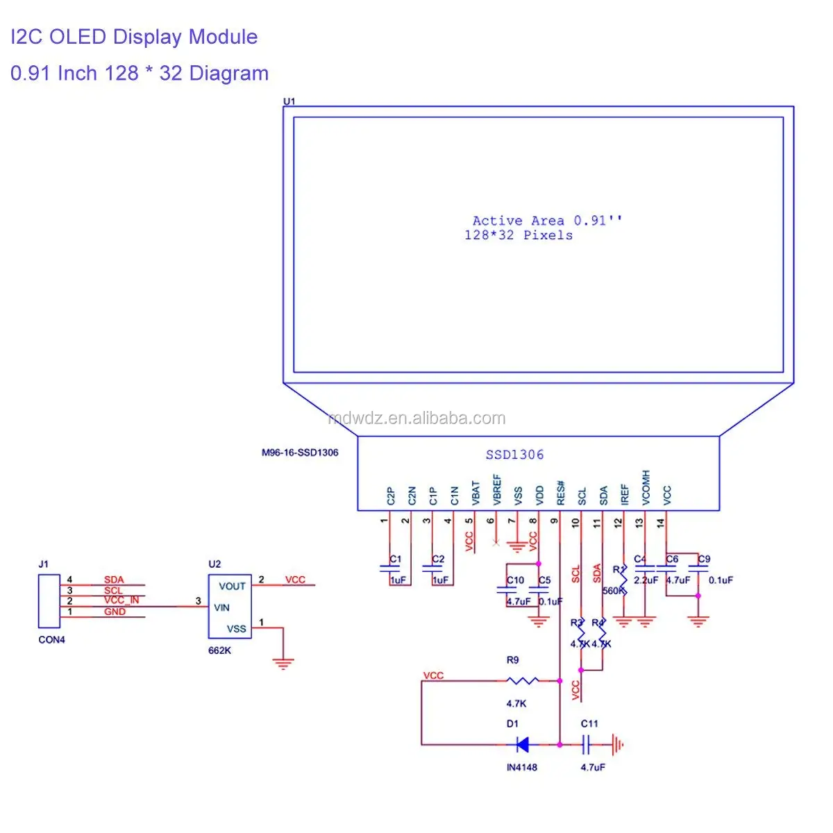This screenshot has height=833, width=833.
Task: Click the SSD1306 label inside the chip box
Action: click(514, 455)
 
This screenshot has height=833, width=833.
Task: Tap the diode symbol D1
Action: click(522, 745)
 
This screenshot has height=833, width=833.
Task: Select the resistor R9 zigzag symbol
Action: click(522, 680)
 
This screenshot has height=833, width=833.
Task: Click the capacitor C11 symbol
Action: click(587, 745)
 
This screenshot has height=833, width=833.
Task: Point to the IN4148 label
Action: click(521, 767)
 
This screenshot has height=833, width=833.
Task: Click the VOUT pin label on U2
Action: click(232, 586)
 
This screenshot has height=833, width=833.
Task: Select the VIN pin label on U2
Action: click(222, 607)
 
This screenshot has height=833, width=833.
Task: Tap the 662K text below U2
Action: click(219, 650)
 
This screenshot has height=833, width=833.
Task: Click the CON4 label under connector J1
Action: click(51, 639)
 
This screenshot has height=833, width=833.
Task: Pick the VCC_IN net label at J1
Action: click(121, 600)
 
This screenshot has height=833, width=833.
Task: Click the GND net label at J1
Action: click(115, 612)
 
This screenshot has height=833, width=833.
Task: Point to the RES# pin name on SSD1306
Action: click(561, 493)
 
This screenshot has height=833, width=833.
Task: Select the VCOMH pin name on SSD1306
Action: click(646, 487)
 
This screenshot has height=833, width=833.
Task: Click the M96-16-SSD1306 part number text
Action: click(300, 453)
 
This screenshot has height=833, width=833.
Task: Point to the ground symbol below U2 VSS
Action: click(283, 663)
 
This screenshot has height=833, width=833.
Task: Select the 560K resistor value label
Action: click(613, 591)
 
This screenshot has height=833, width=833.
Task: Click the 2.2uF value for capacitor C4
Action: click(646, 580)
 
